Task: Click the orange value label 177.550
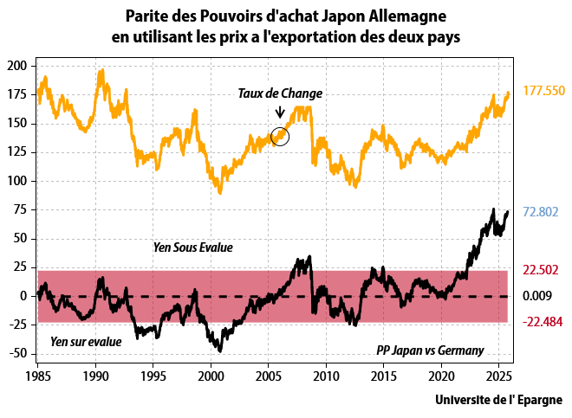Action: (543, 91)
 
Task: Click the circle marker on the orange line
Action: (280, 135)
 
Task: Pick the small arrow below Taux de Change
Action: (280, 113)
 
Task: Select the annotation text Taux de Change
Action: (280, 93)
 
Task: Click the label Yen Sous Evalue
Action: (192, 248)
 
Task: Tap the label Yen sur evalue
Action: (86, 341)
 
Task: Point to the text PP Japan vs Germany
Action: (430, 350)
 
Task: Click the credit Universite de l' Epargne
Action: (498, 400)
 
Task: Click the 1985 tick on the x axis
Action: (38, 377)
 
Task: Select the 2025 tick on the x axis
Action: (497, 377)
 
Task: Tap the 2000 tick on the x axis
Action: (211, 377)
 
